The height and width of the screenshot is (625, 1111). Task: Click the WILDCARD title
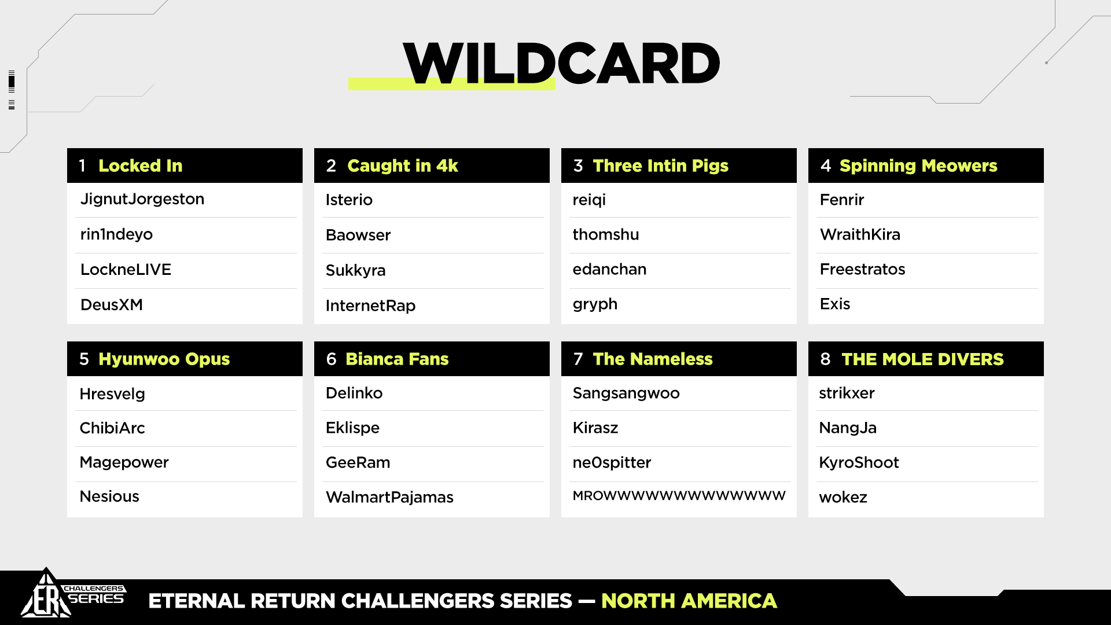(561, 63)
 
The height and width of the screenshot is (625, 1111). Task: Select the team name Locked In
(141, 166)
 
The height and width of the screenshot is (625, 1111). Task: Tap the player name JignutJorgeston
(142, 200)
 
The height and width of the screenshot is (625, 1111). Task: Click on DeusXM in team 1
(112, 305)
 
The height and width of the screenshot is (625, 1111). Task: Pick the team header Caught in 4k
(403, 166)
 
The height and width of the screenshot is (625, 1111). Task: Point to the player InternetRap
(370, 306)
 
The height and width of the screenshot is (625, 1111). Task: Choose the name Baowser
(358, 235)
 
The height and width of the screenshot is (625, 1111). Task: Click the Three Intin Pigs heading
(661, 166)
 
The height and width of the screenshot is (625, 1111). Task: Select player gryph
(595, 305)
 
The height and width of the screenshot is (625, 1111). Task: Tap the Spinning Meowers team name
(918, 166)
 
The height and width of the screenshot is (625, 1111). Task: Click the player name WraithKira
(860, 234)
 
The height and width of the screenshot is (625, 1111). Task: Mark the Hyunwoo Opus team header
(164, 359)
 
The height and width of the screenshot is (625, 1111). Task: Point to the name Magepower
(124, 463)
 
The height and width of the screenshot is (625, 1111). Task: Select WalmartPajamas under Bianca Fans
(389, 497)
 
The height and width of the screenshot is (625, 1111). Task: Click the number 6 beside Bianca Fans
(331, 359)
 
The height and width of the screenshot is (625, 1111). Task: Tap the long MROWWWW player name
(679, 496)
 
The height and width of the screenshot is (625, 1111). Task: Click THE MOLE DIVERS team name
(922, 359)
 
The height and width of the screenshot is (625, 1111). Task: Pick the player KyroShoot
(859, 463)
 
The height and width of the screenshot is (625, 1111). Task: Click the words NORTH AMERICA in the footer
(689, 601)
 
